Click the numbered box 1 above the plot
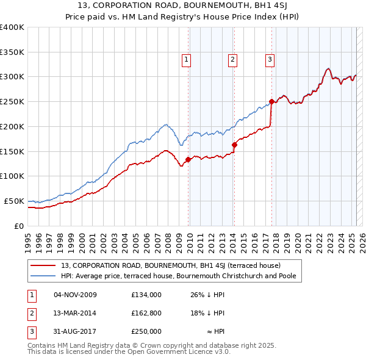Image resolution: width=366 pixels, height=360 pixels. point(186,59)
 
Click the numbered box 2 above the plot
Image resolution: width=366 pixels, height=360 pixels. point(233,59)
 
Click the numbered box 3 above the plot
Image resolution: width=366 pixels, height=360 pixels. point(270,59)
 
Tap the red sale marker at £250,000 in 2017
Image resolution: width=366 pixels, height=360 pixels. point(271,101)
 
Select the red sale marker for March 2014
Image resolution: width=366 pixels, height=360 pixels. point(234,145)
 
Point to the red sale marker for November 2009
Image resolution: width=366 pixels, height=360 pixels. point(188,159)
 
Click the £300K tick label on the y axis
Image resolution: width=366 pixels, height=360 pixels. point(12,77)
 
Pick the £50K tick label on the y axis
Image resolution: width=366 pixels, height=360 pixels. point(14,201)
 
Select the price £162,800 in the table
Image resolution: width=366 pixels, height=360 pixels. point(146,313)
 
